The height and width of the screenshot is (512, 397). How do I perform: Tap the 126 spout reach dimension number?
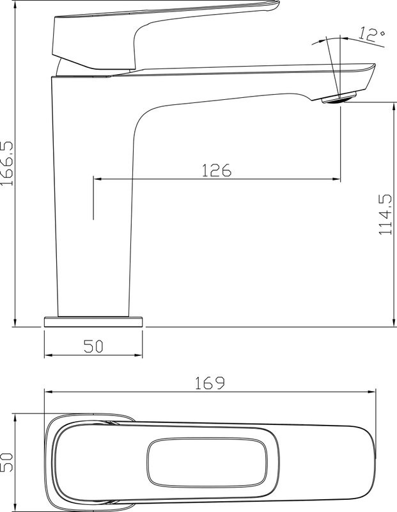tap(216, 170)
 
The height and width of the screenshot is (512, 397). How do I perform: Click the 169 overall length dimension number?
tap(210, 383)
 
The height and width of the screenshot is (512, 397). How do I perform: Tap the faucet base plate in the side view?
tap(93, 321)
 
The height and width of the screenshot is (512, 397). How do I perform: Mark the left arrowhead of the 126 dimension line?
tap(97, 179)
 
